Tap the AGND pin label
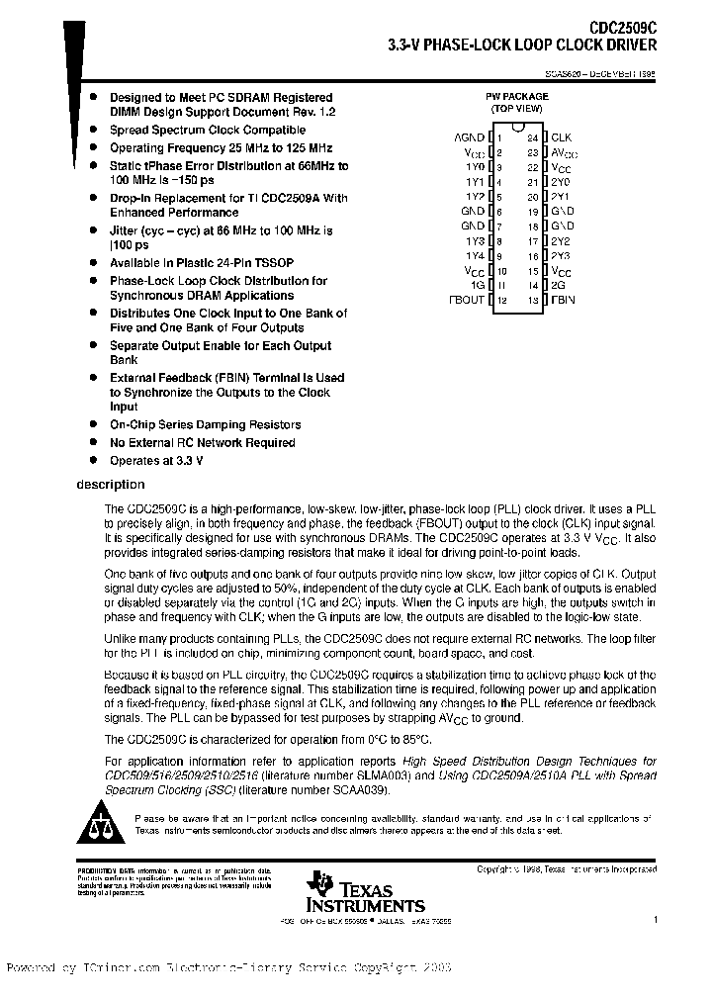pos(469,137)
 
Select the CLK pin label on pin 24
pos(561,137)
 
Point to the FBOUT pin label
pos(467,299)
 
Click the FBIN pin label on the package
pos(563,299)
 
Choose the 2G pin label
pos(558,285)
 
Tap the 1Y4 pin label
pos(475,255)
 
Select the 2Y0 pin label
pos(561,182)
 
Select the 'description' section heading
pos(110,485)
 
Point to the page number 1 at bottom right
pos(655,919)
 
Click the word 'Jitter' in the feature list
pos(126,230)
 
